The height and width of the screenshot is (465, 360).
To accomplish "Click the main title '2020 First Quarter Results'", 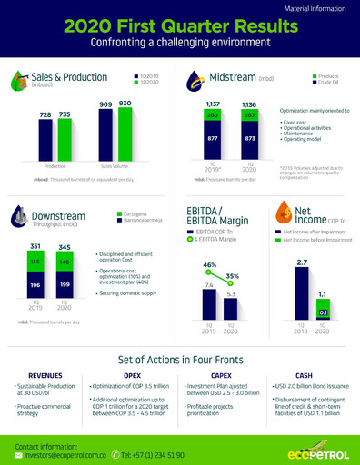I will click(x=180, y=26).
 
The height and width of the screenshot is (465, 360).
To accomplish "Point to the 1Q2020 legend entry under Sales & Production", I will click(x=145, y=83).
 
